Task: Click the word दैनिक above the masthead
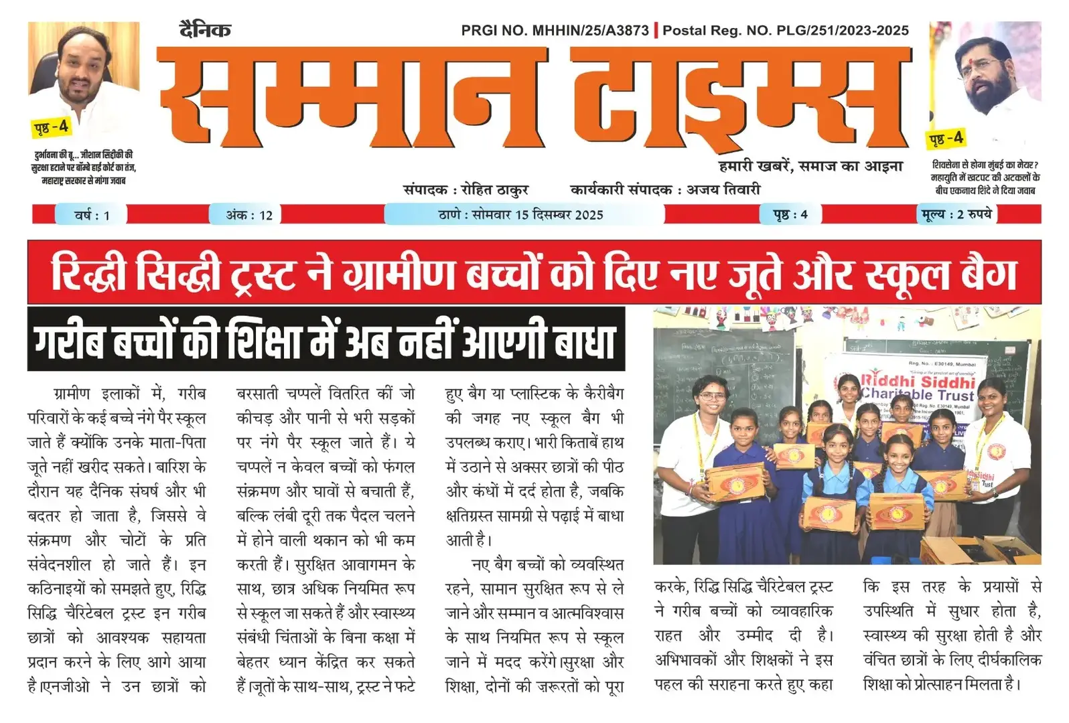point(205,30)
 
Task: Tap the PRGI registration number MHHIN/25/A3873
point(590,30)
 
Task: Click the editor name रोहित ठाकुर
point(495,189)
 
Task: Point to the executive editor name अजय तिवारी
point(723,189)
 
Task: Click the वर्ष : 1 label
point(92,215)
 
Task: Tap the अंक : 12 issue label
point(249,215)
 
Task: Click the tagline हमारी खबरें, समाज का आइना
point(810,166)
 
